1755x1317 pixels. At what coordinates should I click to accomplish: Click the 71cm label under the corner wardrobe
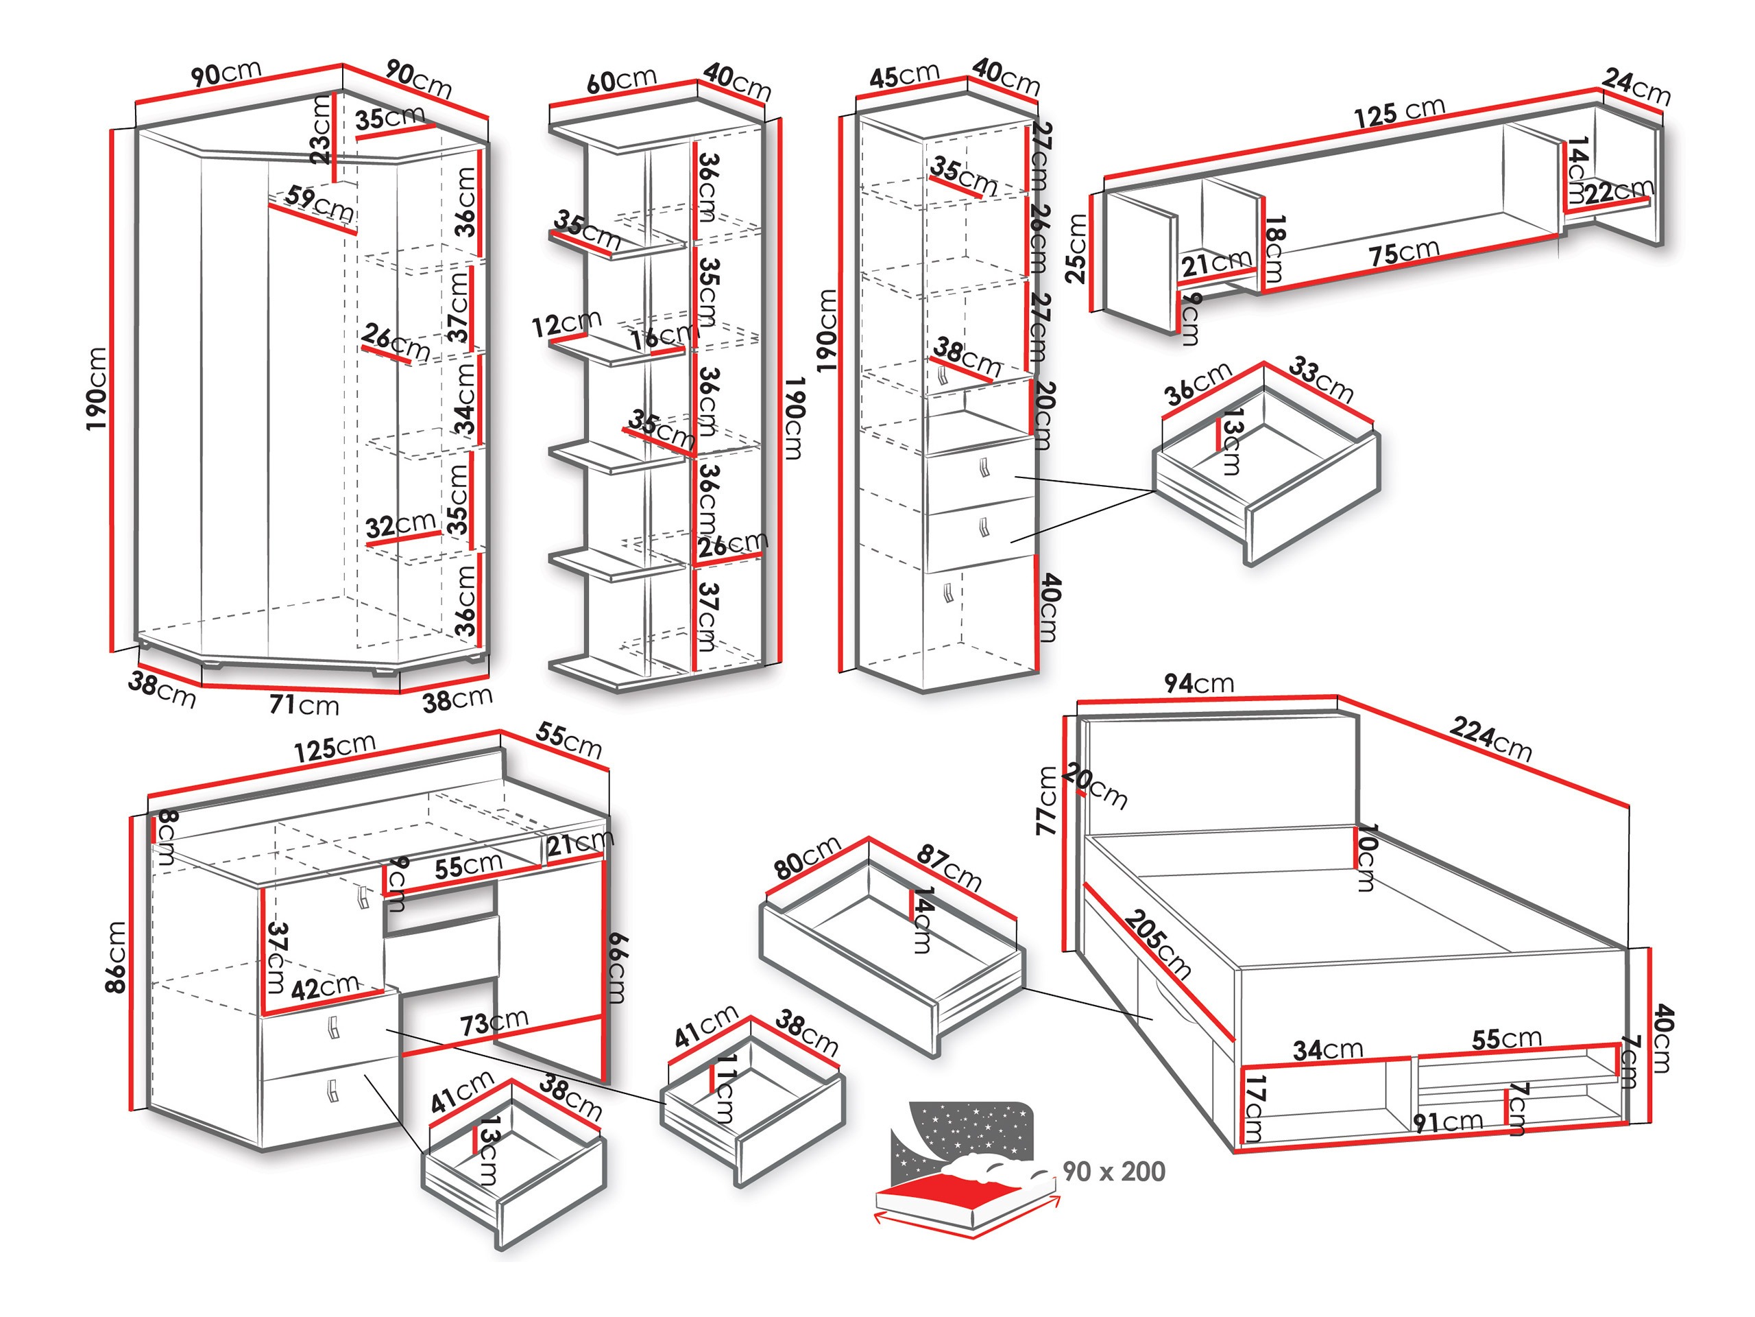click(x=304, y=704)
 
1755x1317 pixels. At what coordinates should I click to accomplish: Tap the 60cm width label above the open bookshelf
click(x=621, y=80)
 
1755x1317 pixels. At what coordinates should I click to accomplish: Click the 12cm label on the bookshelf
click(x=566, y=324)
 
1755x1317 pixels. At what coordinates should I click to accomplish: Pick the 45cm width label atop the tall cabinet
click(x=904, y=76)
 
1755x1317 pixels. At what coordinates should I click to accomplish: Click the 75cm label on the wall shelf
click(x=1403, y=253)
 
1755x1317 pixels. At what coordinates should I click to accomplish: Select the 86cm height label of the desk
click(x=116, y=957)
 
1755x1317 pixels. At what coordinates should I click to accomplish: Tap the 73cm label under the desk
click(x=494, y=1021)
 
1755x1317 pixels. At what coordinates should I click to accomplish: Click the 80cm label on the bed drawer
click(x=807, y=857)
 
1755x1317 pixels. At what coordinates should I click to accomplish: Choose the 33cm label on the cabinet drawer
click(x=1320, y=379)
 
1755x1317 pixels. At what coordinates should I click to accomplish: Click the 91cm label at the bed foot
click(x=1448, y=1122)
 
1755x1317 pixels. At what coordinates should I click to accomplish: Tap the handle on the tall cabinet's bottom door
click(x=947, y=593)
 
